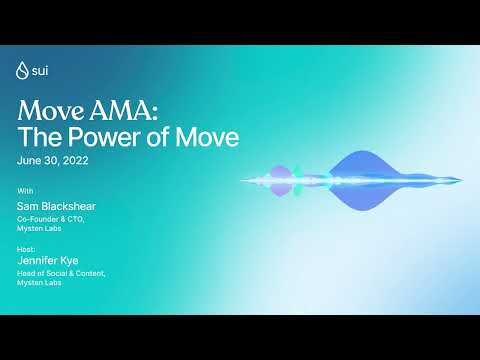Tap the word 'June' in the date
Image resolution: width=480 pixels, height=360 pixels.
29,160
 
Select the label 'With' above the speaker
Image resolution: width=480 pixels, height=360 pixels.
25,190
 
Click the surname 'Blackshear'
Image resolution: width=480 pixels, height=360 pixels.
71,205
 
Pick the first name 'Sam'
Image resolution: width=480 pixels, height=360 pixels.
29,205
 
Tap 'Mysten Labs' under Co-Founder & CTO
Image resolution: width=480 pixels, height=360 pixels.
39,229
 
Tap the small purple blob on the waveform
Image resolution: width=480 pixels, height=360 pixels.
281,180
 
